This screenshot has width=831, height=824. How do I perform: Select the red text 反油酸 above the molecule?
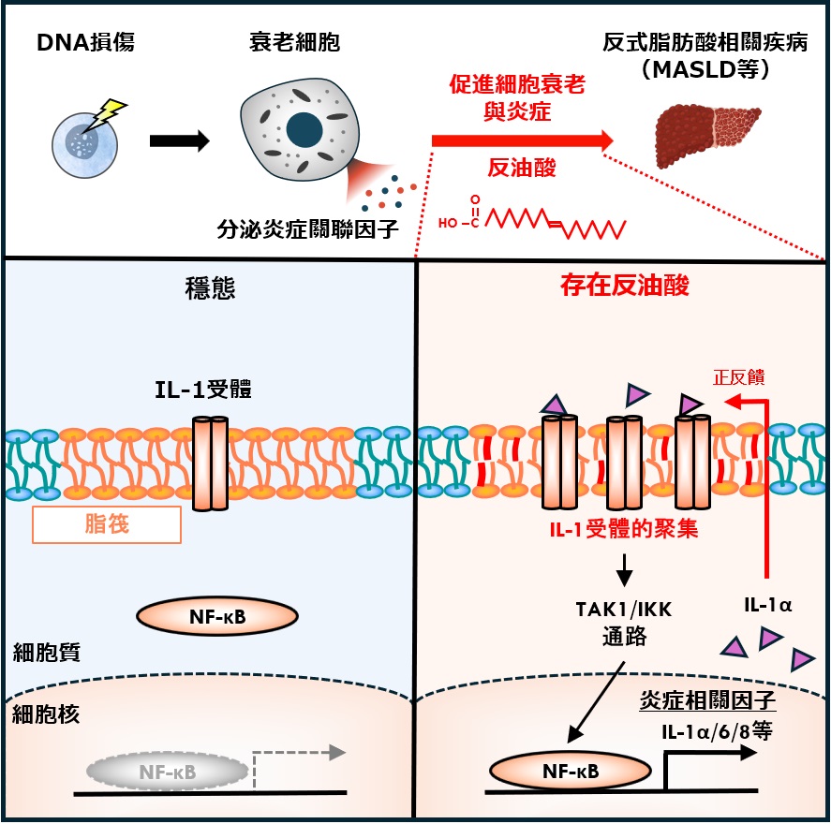coord(522,169)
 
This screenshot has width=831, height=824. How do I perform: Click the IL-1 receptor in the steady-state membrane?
coord(211,463)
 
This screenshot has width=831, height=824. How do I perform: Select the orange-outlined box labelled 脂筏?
coord(107,524)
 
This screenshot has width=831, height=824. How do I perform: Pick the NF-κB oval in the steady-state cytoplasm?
coord(217,615)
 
